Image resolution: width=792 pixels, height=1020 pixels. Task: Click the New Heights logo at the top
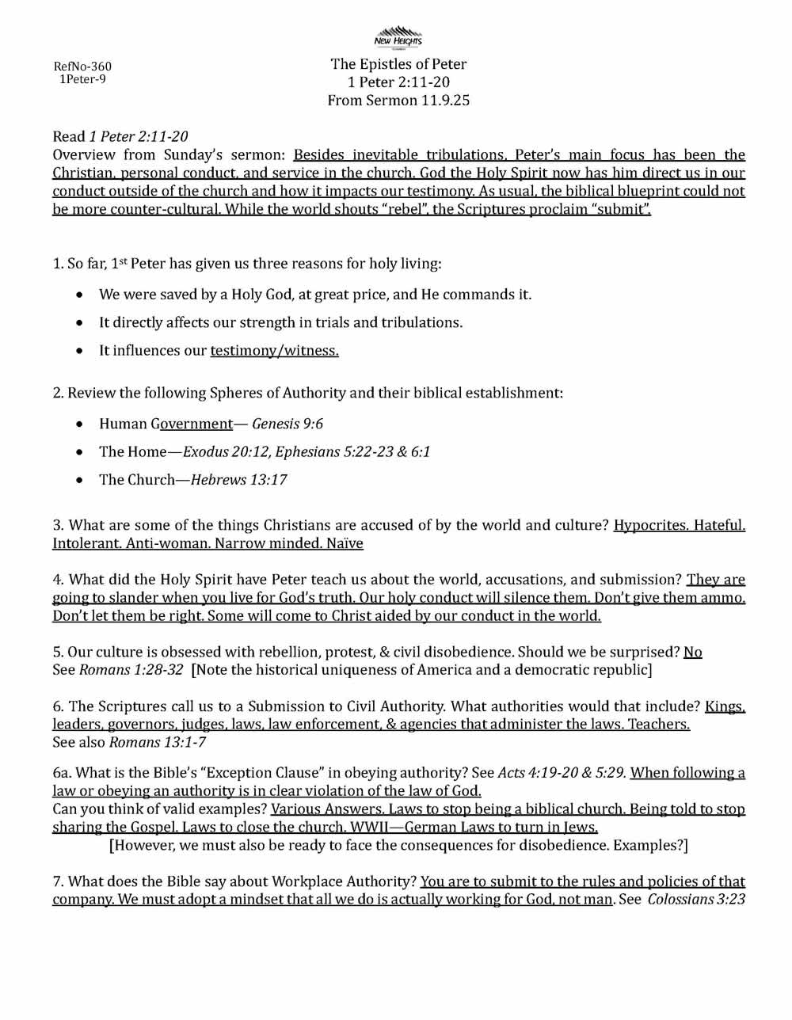[398, 37]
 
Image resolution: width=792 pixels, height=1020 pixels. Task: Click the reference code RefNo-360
[82, 67]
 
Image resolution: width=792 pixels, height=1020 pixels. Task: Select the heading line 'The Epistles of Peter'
[398, 64]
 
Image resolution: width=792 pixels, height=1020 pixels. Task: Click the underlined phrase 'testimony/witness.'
[274, 351]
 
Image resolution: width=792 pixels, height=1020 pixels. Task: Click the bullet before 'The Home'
[81, 452]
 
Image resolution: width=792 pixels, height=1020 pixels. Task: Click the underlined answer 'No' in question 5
[693, 652]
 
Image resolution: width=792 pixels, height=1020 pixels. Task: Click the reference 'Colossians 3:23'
[696, 900]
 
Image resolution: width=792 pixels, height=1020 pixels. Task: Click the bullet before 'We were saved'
[81, 295]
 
